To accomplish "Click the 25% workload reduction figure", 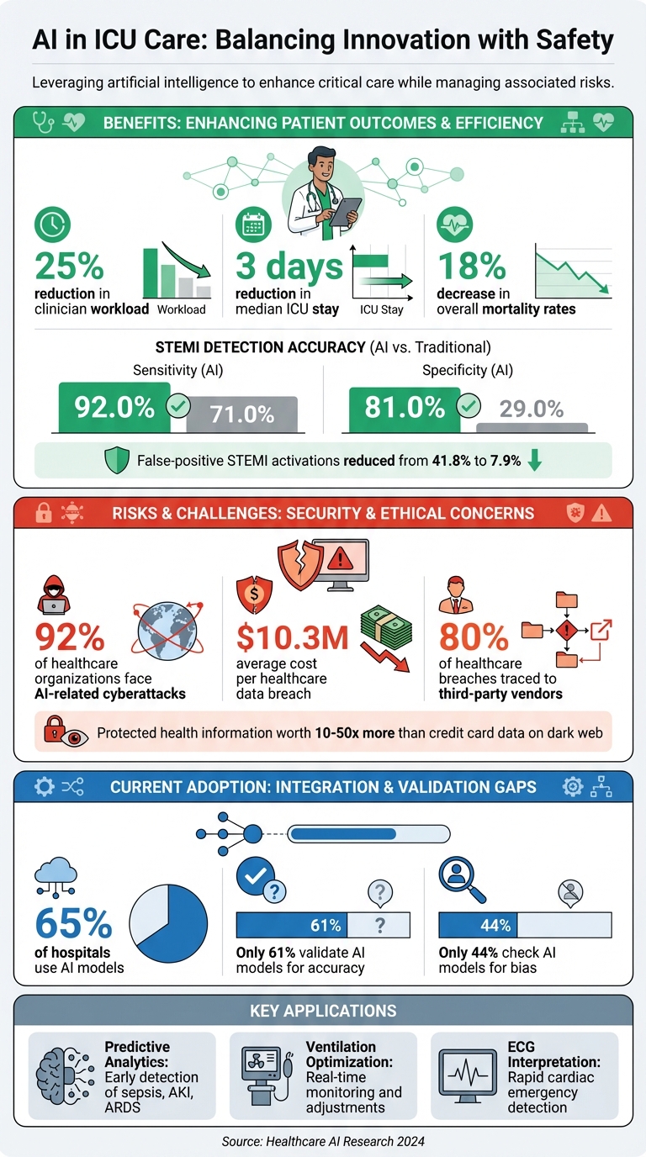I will (69, 266).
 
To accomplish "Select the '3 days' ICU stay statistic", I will (289, 266).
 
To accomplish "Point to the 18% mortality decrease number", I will (471, 266).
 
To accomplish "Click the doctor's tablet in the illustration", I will (345, 211).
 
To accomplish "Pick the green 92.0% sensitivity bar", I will (114, 408).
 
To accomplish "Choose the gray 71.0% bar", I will (242, 414).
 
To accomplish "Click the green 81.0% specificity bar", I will (405, 408).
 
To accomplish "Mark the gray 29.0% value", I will (532, 409).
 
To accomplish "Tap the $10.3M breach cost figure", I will (292, 638).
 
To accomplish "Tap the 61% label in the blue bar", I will (325, 926).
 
